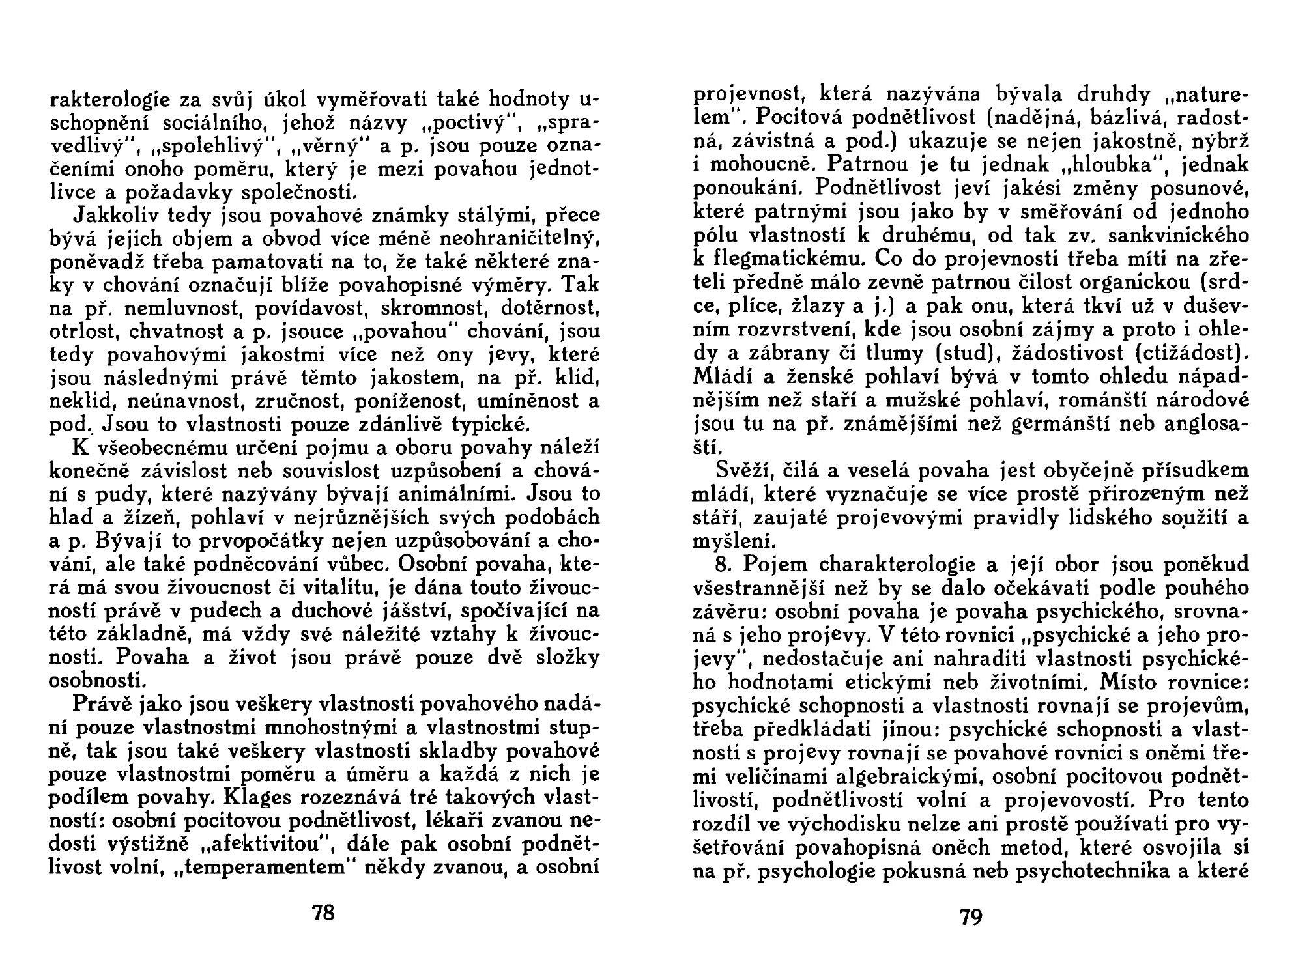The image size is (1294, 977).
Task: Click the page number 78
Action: [323, 913]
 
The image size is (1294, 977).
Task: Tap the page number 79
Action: [970, 917]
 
